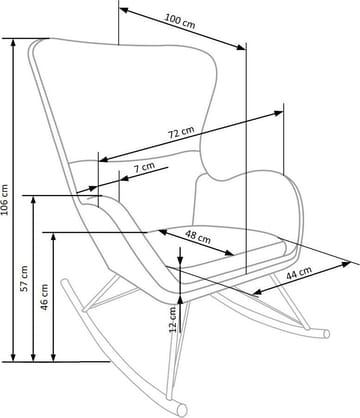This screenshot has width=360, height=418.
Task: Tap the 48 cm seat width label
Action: pos(197,237)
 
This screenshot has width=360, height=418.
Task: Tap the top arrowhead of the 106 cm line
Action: pos(14,40)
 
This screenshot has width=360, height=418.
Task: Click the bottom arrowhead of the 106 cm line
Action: pos(14,360)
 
